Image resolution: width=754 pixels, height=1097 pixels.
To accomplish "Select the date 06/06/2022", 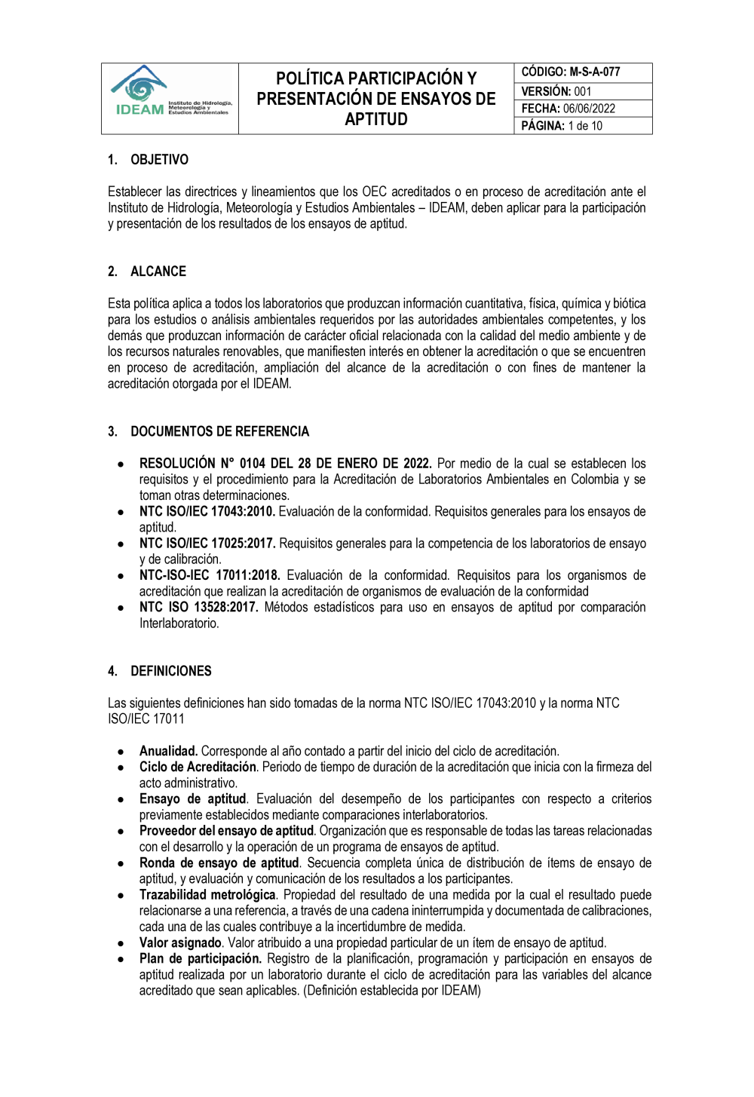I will pos(589,109).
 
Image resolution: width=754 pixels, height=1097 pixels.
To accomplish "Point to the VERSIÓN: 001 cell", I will pos(556,91).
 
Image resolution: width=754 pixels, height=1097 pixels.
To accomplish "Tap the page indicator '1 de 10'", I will pos(585,126).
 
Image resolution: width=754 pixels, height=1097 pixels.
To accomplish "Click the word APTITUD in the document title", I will pos(375,120).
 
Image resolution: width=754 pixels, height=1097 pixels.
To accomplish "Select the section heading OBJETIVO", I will pos(159,160).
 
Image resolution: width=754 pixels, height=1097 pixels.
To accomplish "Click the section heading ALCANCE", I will pos(158,271).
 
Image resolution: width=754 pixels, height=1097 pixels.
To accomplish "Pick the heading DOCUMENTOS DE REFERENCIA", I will pos(219,431).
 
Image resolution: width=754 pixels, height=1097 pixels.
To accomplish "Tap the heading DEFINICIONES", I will pos(170,671).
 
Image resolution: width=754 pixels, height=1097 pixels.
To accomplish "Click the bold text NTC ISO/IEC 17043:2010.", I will pos(207,512).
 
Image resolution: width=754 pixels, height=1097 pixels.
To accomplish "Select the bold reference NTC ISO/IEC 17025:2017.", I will pos(207,544).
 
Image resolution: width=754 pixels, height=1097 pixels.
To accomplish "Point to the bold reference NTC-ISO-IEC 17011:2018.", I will pos(210,575).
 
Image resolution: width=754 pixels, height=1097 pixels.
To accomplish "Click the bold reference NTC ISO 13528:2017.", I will pos(199,608).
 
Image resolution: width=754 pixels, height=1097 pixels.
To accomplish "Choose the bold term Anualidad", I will pos(168,751).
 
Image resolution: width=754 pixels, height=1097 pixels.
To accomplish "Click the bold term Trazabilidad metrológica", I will pos(207,895).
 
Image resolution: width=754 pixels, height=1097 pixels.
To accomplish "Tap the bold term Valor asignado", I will pos(180,943).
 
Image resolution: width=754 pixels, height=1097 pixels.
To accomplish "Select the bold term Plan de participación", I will pos(200,959).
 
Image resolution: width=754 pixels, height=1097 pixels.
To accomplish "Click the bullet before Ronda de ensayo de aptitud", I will pos(121,863).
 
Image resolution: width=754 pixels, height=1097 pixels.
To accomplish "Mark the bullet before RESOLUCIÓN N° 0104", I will pos(121,464).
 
